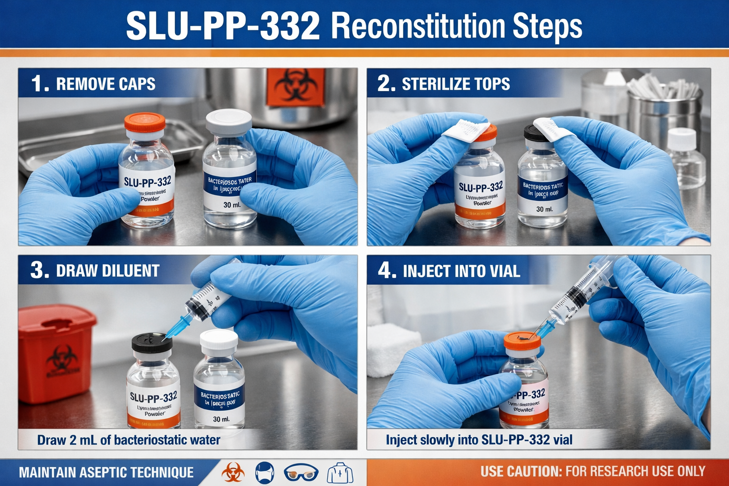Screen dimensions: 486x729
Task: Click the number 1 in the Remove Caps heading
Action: tap(39, 84)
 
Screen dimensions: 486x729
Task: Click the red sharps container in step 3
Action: tap(56, 353)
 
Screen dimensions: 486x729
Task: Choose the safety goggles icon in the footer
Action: tap(301, 473)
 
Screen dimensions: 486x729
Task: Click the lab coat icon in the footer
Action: tap(340, 473)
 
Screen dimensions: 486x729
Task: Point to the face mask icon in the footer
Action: tap(265, 473)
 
